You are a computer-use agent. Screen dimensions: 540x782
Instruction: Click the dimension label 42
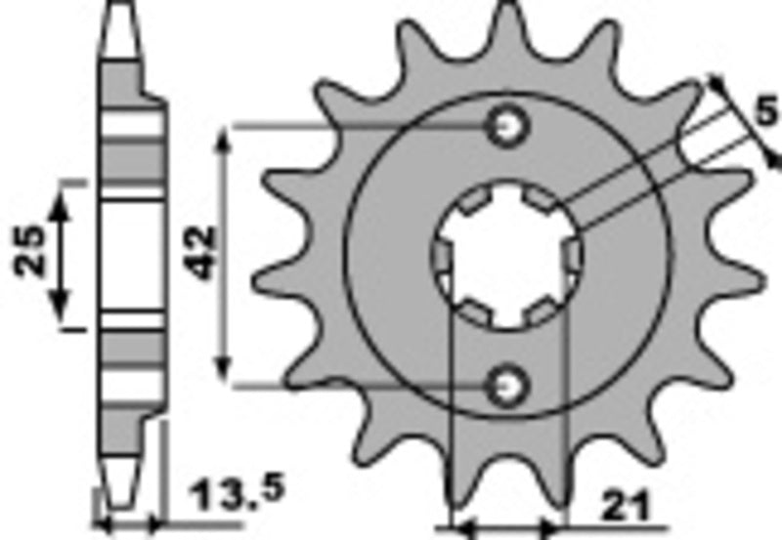[x=200, y=252]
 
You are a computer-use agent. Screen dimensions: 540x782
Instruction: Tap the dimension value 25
[x=29, y=252]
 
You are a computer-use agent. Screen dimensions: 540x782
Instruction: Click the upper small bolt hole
[x=508, y=125]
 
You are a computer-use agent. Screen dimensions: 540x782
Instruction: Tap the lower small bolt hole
[x=508, y=387]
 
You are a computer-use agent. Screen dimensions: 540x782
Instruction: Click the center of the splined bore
[x=507, y=256]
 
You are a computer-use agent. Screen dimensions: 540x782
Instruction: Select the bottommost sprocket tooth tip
[x=507, y=508]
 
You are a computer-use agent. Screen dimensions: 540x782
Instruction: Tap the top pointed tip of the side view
[x=118, y=8]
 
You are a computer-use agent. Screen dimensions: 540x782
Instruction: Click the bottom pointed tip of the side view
[x=118, y=506]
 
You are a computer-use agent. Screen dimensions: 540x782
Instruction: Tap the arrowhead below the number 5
[x=774, y=157]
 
